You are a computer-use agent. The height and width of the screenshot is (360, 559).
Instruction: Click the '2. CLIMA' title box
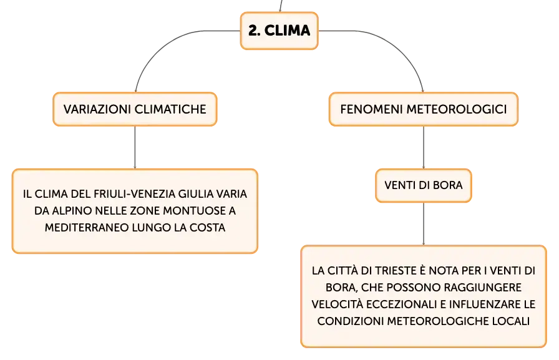279,31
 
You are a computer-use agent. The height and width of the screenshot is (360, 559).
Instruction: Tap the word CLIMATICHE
171,109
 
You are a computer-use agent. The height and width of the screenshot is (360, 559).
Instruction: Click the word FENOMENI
371,109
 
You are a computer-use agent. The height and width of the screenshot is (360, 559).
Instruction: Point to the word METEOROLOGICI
457,109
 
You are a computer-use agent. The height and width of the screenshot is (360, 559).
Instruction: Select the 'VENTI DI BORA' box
424,185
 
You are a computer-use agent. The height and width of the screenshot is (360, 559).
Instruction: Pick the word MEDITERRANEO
87,227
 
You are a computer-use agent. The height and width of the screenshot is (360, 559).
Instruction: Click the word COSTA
208,227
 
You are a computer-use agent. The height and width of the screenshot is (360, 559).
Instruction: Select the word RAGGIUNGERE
487,287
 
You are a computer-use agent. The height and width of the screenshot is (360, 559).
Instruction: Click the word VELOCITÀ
338,304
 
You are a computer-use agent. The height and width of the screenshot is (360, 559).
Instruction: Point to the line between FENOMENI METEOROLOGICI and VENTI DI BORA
424,147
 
